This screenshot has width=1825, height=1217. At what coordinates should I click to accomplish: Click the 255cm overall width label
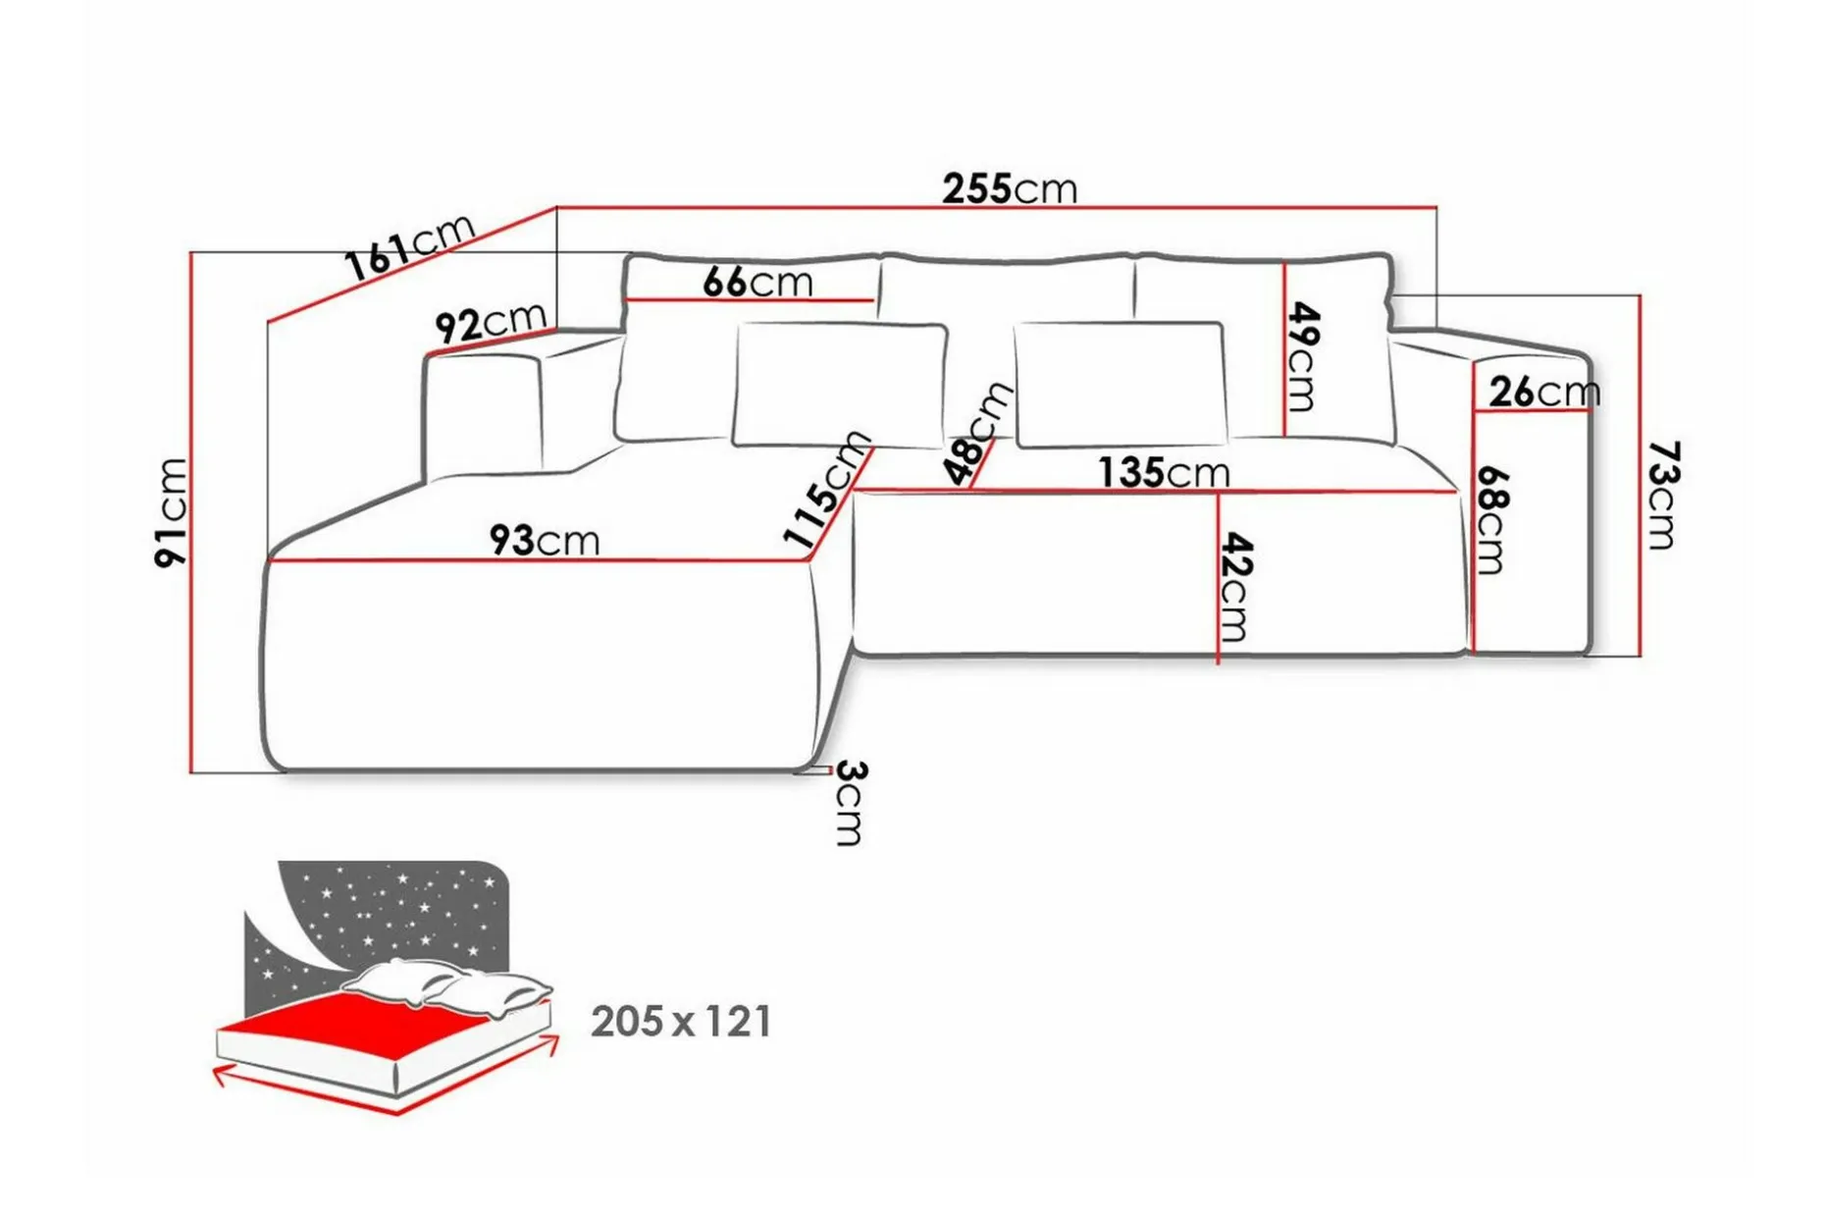click(1010, 187)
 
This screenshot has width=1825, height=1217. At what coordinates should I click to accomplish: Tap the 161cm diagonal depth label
click(410, 246)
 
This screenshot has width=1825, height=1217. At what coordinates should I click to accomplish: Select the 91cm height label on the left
click(171, 511)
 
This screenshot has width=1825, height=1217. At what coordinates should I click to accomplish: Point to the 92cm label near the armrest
click(491, 323)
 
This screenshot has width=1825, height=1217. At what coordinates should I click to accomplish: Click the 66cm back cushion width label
click(757, 283)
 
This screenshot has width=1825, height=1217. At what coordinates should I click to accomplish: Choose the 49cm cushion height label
click(1303, 356)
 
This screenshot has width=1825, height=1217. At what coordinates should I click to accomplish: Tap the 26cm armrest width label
click(1544, 392)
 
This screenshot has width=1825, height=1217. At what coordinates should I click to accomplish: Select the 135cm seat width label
click(1164, 472)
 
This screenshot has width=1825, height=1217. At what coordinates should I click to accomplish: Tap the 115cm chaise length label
click(827, 488)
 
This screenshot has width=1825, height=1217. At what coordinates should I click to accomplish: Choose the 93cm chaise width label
click(544, 540)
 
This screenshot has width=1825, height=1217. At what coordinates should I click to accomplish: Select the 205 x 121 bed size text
click(681, 1022)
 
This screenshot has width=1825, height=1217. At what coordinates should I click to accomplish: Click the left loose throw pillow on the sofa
click(840, 384)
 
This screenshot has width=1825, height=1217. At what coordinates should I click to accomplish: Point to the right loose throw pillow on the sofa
click(1121, 384)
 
